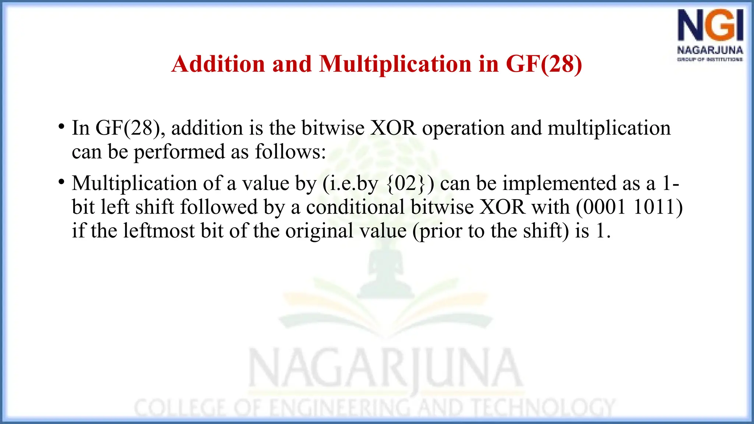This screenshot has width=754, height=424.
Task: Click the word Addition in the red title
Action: (218, 64)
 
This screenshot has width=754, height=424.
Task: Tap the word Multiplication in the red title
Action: (395, 64)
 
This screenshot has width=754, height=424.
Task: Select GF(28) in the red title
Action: (544, 64)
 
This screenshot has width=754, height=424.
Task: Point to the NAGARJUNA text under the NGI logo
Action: (710, 50)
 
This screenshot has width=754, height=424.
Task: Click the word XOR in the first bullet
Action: (393, 128)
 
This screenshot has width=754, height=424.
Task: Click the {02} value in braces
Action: (406, 183)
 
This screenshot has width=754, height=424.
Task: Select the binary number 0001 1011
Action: (629, 207)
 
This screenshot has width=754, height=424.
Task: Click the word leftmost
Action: (159, 231)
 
